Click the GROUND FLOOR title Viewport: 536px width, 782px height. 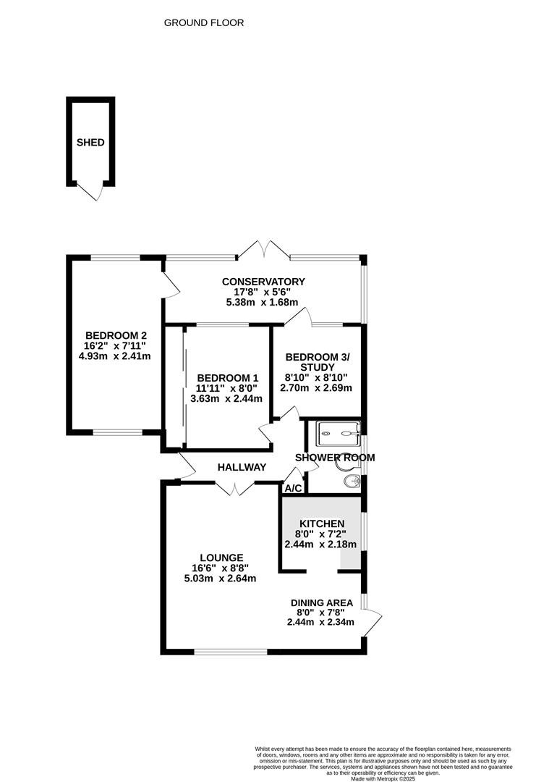pyautogui.click(x=204, y=23)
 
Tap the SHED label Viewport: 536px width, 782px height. pyautogui.click(x=90, y=143)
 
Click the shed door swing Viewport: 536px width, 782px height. pyautogui.click(x=90, y=192)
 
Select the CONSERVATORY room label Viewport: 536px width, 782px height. pyautogui.click(x=263, y=282)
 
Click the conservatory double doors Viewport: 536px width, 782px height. pyautogui.click(x=263, y=250)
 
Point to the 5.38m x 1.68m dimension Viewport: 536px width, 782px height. pyautogui.click(x=262, y=303)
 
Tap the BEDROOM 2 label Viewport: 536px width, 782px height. pyautogui.click(x=116, y=336)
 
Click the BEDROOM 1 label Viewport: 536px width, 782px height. pyautogui.click(x=228, y=379)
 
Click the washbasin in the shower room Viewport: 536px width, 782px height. pyautogui.click(x=352, y=482)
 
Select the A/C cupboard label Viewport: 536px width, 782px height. pyautogui.click(x=293, y=489)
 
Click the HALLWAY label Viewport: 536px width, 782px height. pyautogui.click(x=242, y=468)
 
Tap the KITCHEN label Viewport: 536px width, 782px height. pyautogui.click(x=322, y=524)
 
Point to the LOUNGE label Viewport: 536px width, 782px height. pyautogui.click(x=221, y=558)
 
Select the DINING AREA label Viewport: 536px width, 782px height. pyautogui.click(x=322, y=603)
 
